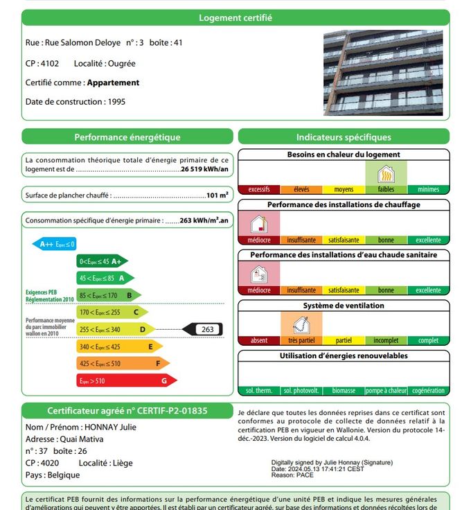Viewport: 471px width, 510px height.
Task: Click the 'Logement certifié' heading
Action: (235, 18)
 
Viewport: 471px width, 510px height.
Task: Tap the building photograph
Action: (382, 72)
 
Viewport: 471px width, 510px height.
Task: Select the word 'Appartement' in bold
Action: (113, 82)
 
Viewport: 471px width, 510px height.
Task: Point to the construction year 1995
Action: (116, 102)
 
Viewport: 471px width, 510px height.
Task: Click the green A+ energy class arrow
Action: (101, 261)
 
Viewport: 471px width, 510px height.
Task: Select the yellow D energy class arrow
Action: (115, 329)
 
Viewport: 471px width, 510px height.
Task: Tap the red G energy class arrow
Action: (125, 380)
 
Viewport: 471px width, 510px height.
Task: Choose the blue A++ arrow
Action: (55, 244)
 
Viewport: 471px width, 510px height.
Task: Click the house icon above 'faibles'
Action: (386, 173)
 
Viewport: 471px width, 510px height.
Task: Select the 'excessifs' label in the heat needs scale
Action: (258, 189)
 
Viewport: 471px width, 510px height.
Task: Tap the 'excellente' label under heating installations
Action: (428, 240)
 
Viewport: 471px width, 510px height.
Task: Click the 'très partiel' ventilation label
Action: (301, 340)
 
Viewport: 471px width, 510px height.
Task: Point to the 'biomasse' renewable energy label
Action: (344, 391)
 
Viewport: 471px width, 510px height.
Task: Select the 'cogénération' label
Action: (428, 391)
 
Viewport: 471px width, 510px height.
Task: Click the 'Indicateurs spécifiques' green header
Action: (344, 137)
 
